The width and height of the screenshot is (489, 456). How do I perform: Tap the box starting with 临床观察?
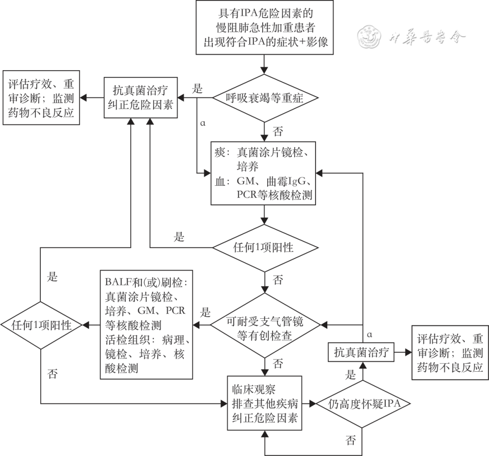(x=265, y=403)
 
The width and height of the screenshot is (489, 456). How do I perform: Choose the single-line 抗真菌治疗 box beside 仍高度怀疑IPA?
(x=361, y=352)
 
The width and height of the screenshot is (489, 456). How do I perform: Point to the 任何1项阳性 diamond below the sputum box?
(x=265, y=248)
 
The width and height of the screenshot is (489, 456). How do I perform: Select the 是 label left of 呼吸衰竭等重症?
(x=198, y=88)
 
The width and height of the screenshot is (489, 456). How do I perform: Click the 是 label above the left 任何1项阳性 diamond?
(x=53, y=276)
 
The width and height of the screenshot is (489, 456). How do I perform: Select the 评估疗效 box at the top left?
(x=41, y=97)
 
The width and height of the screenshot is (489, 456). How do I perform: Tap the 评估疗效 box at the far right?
(x=450, y=352)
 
